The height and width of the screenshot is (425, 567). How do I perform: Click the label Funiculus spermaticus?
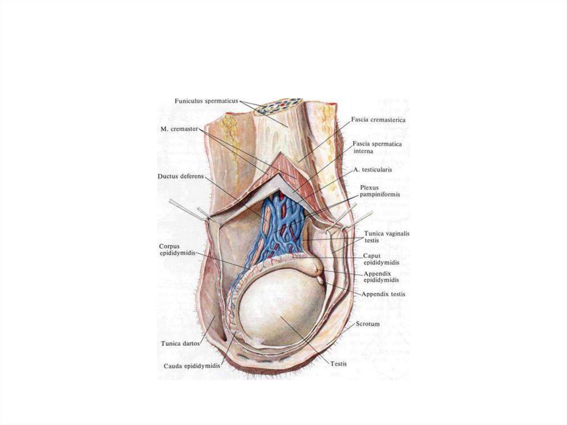(x=206, y=101)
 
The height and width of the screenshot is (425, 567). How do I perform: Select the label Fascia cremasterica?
(x=379, y=120)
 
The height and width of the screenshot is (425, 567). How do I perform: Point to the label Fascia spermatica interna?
(x=377, y=147)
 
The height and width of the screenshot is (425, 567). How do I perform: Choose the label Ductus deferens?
(x=181, y=177)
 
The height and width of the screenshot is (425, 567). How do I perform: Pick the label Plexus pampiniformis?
(x=379, y=191)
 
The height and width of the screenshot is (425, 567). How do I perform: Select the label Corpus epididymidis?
(x=175, y=249)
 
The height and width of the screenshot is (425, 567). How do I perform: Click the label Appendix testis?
(x=383, y=294)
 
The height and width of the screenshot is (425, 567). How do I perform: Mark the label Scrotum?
(x=367, y=324)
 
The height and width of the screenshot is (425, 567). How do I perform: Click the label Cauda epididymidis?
(x=192, y=366)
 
